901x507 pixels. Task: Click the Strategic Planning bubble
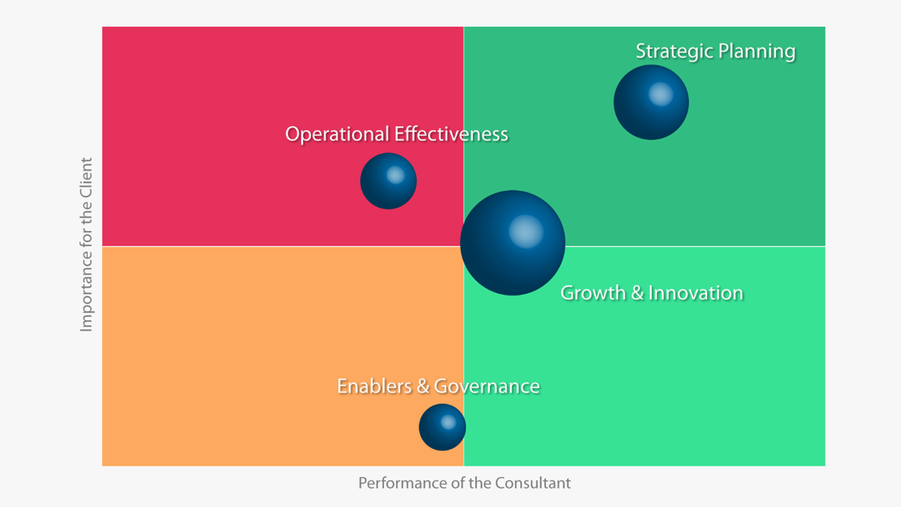[x=651, y=102]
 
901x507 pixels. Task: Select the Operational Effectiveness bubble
[x=388, y=181]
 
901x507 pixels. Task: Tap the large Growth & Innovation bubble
[x=512, y=242]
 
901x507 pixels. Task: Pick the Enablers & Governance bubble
[x=442, y=427]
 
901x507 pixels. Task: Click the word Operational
[x=337, y=134]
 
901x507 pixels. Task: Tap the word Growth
[x=584, y=292]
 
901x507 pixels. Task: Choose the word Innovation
[x=696, y=292]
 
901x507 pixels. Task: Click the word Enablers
[x=374, y=386]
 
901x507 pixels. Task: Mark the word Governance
[x=487, y=386]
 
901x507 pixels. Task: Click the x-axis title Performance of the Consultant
[x=464, y=483]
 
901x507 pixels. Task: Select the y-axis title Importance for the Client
[x=86, y=244]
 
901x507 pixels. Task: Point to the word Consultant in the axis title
[x=533, y=483]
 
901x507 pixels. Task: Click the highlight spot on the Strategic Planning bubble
[x=660, y=94]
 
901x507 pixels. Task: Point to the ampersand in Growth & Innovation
[x=637, y=292]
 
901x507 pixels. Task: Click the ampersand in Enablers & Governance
[x=423, y=386]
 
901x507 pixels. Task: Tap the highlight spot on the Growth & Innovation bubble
[x=525, y=231]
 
